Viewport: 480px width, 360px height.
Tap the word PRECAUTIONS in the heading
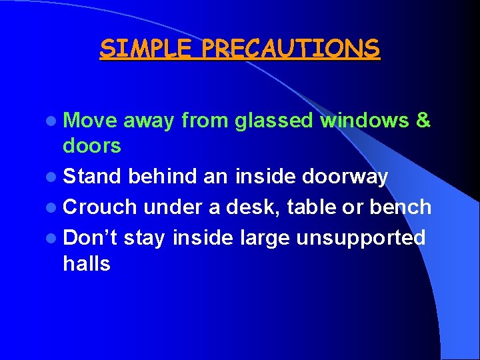pyautogui.click(x=291, y=49)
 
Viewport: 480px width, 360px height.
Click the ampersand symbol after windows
pyautogui.click(x=423, y=121)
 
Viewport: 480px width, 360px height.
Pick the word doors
pyautogui.click(x=92, y=145)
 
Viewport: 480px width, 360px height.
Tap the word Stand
pyautogui.click(x=93, y=177)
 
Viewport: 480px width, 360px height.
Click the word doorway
pyautogui.click(x=345, y=177)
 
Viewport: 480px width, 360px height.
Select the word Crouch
pyautogui.click(x=100, y=207)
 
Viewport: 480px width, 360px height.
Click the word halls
pyautogui.click(x=87, y=263)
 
